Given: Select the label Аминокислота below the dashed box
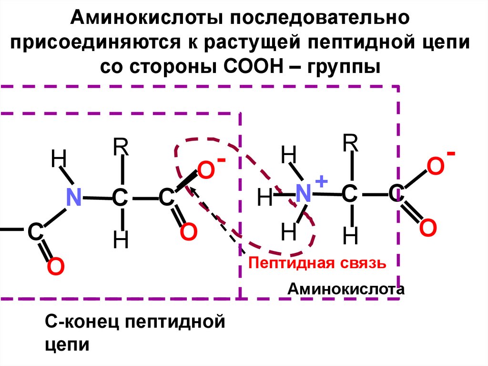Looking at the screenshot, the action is [346, 289].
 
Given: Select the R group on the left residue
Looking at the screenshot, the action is [121, 148].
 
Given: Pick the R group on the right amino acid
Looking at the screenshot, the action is [351, 142].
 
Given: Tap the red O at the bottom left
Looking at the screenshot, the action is [55, 267].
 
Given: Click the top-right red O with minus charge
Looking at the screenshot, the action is [435, 167].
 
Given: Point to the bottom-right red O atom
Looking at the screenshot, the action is [427, 228].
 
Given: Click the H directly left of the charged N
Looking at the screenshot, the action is [265, 198].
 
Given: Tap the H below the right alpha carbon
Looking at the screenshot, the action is [351, 235].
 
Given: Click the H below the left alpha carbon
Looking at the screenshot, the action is [121, 241].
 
